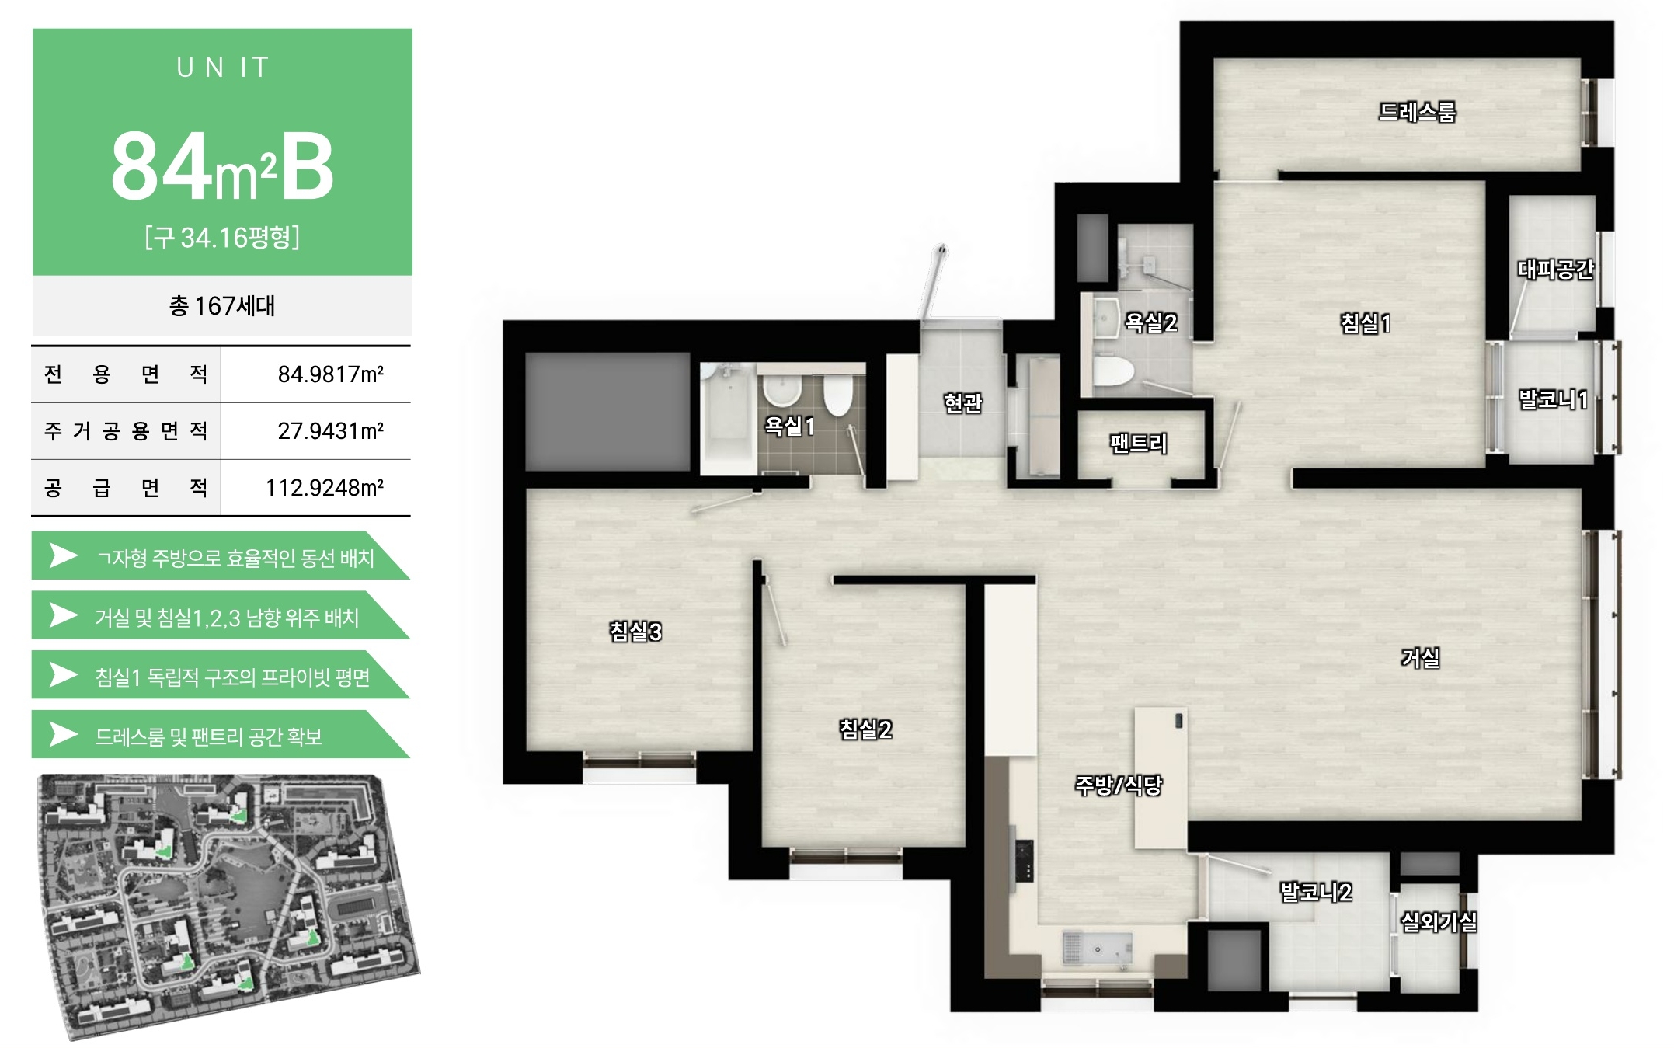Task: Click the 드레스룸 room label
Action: [x=1416, y=112]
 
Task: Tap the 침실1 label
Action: [x=1365, y=322]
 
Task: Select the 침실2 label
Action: [x=865, y=729]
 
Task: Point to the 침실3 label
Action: [x=635, y=631]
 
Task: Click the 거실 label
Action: [x=1420, y=657]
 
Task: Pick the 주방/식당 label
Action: [x=1118, y=785]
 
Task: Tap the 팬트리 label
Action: [x=1138, y=443]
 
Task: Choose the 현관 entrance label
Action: [x=962, y=402]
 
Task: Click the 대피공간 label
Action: [x=1555, y=269]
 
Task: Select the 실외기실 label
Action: [x=1439, y=921]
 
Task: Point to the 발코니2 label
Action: [x=1316, y=891]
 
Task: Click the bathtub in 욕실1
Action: [x=728, y=419]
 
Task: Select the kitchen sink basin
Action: [x=1096, y=949]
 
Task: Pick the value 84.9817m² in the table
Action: [x=331, y=374]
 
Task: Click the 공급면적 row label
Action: [x=126, y=488]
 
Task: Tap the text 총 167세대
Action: [x=222, y=305]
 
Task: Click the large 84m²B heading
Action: [x=222, y=166]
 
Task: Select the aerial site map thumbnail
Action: [x=228, y=906]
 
